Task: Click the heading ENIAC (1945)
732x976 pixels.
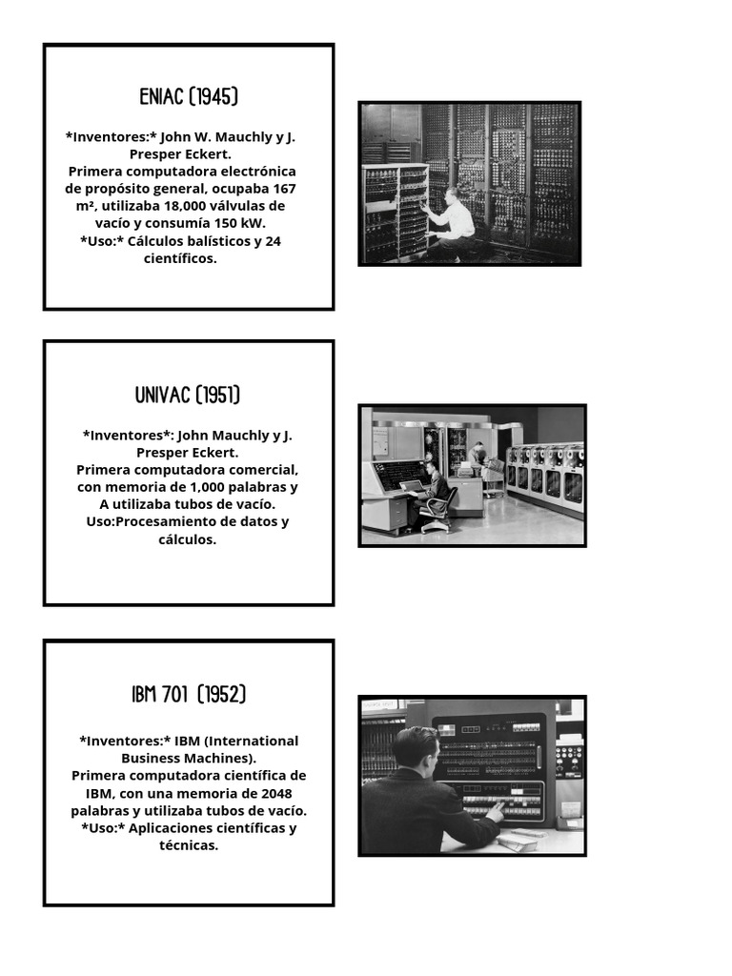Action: (188, 97)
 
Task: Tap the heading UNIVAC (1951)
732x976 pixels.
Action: (188, 396)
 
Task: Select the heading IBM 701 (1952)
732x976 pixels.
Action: (188, 695)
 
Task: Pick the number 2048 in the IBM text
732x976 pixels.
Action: (269, 793)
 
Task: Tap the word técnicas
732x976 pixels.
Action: (189, 845)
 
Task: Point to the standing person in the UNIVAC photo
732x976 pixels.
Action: (478, 458)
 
